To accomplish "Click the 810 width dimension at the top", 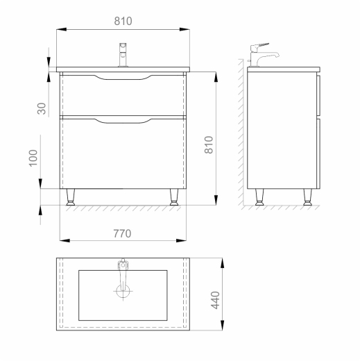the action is click(123, 21).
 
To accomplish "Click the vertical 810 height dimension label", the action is click(209, 145).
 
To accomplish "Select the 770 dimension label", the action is click(122, 233).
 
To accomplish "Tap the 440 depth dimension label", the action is click(215, 300).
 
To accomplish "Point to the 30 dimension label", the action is click(42, 108).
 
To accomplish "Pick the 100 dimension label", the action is click(33, 158).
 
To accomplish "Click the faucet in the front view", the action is click(123, 55).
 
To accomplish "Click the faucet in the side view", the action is click(263, 55).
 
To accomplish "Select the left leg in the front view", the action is click(71, 197).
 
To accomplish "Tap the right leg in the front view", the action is click(174, 197).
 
